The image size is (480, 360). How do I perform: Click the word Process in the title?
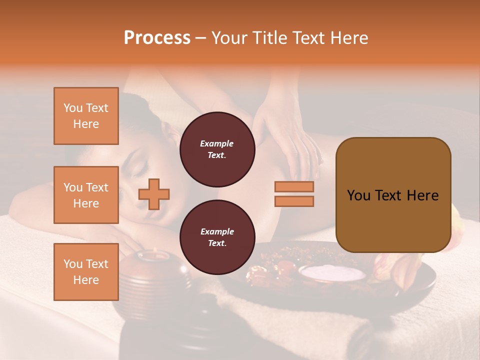tap(157, 38)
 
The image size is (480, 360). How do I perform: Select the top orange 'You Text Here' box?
tap(86, 116)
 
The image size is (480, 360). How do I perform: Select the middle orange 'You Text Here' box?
tap(86, 195)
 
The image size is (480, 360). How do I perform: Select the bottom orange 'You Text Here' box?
tap(86, 271)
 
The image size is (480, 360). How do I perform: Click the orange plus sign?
tap(154, 194)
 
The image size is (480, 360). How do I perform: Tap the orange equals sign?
tap(294, 194)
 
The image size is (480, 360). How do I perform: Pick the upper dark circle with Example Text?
tap(217, 149)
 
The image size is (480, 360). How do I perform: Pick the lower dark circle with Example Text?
tap(217, 237)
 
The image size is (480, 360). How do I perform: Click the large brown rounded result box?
tap(393, 195)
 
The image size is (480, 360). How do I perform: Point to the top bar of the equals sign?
tap(294, 187)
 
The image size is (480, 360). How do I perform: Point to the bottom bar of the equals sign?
tap(294, 201)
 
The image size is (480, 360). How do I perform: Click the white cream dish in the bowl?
tap(332, 273)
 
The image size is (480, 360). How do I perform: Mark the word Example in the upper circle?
tap(217, 143)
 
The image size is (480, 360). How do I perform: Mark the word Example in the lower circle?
tap(217, 231)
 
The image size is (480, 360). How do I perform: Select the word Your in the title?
tap(230, 38)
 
